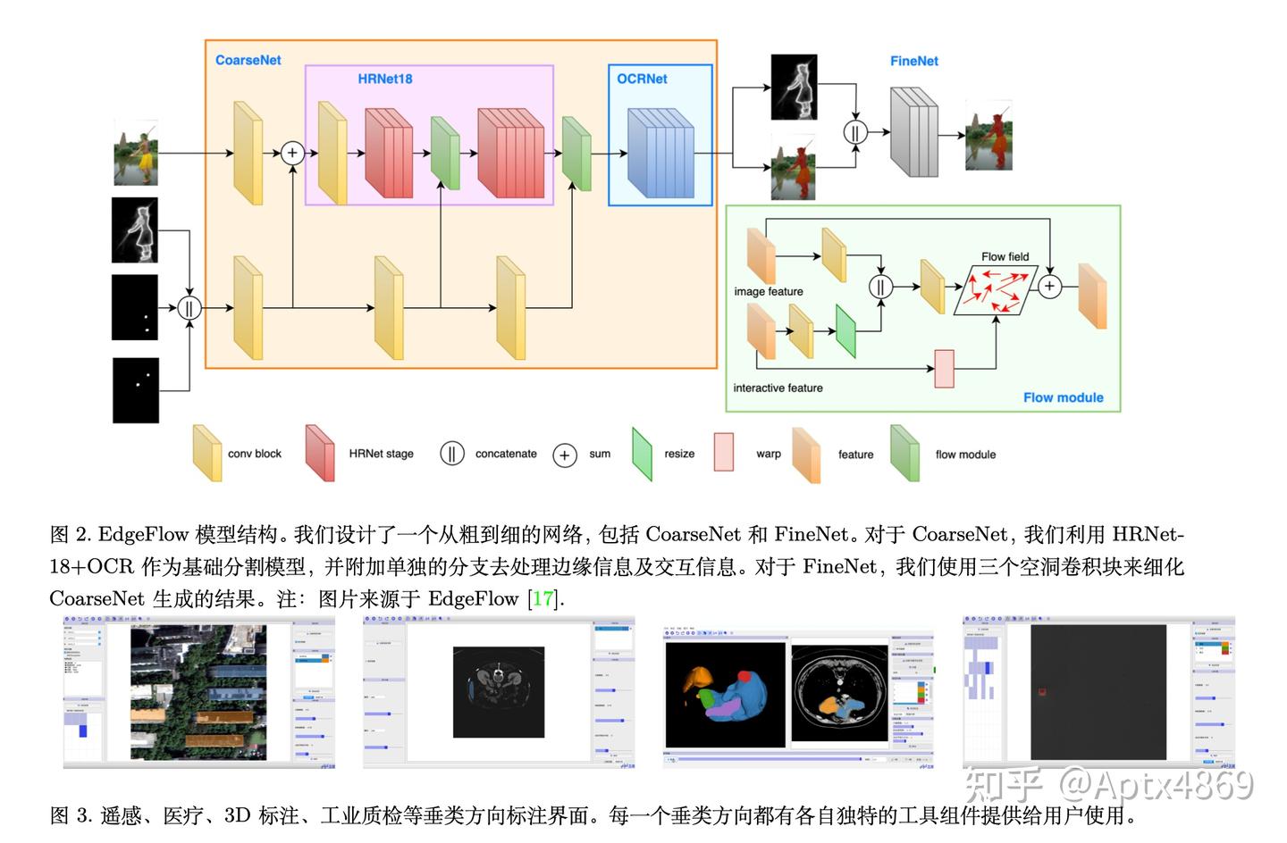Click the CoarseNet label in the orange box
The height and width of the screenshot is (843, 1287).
pyautogui.click(x=248, y=60)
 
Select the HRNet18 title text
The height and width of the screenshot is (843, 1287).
pyautogui.click(x=385, y=79)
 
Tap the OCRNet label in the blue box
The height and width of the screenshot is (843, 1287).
pyautogui.click(x=642, y=79)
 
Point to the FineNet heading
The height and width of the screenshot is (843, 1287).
pyautogui.click(x=913, y=61)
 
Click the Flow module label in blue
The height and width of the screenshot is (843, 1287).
pyautogui.click(x=1063, y=397)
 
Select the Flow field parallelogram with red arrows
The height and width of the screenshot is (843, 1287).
pyautogui.click(x=996, y=291)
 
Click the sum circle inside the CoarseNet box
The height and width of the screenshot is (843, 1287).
pyautogui.click(x=292, y=153)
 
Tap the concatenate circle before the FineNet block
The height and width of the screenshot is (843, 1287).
pyautogui.click(x=855, y=132)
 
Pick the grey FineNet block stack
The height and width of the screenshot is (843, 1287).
pyautogui.click(x=913, y=132)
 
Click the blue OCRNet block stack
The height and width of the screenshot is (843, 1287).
pyautogui.click(x=660, y=152)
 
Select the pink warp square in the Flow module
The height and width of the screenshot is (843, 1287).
pyautogui.click(x=944, y=368)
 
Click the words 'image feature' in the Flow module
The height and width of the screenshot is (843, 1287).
pyautogui.click(x=769, y=291)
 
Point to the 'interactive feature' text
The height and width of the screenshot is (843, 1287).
pyautogui.click(x=778, y=388)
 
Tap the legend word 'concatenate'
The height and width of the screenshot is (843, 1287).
pyautogui.click(x=506, y=454)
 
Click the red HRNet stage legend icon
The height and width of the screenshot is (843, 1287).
pyautogui.click(x=320, y=453)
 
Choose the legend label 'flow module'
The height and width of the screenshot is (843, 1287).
pyautogui.click(x=965, y=455)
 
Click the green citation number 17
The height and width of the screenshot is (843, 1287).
pyautogui.click(x=543, y=598)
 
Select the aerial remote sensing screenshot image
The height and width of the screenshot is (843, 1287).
pyautogui.click(x=198, y=692)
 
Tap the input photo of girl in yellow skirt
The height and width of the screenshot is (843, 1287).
pyautogui.click(x=136, y=154)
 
